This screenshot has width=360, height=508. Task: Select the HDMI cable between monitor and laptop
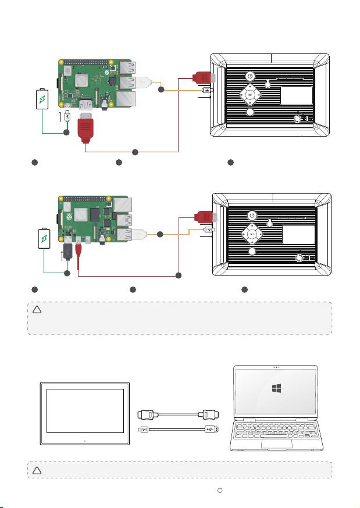(x=177, y=414)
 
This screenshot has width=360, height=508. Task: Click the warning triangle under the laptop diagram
(x=36, y=470)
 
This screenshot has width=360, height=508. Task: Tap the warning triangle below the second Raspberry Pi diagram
(x=36, y=310)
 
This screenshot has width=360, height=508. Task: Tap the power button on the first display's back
(x=249, y=76)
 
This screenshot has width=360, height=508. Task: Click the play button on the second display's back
(x=250, y=234)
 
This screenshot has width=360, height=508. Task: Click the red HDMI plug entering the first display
(x=204, y=78)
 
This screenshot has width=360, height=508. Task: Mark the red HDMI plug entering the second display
(x=205, y=218)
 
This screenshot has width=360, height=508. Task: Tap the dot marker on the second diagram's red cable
(x=179, y=274)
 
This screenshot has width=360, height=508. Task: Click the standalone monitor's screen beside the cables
(x=85, y=411)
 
